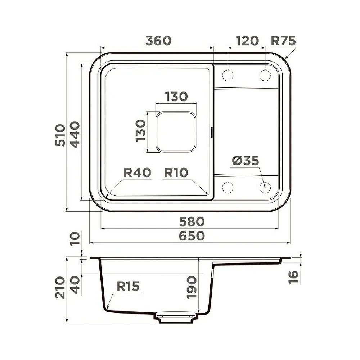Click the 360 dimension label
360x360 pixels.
click(x=158, y=41)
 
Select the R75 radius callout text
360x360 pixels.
click(x=283, y=41)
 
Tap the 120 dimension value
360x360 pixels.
click(x=247, y=41)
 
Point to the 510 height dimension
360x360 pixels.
click(x=60, y=135)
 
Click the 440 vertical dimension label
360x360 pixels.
click(x=75, y=135)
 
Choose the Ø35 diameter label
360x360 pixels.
click(x=246, y=160)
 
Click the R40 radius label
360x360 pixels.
click(x=137, y=173)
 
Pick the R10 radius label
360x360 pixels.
click(x=176, y=173)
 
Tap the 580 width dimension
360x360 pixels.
click(x=192, y=221)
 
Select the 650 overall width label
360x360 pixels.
click(x=192, y=236)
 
